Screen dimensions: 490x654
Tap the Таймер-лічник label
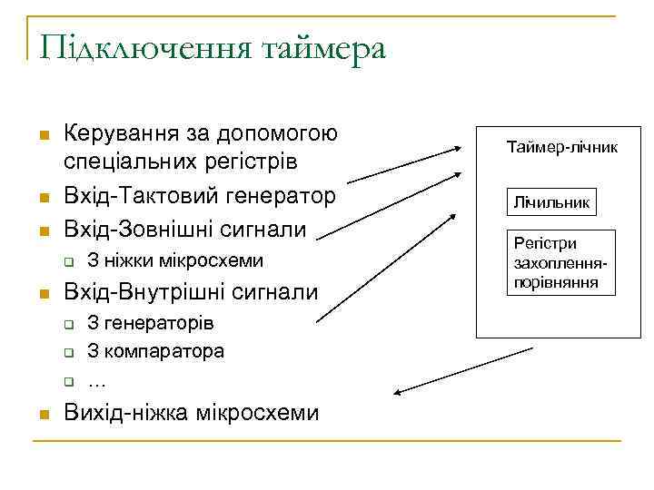coord(562,145)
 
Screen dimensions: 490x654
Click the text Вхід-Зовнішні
coord(133,226)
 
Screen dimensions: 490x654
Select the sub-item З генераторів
coord(150,324)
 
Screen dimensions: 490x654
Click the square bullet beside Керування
coord(43,135)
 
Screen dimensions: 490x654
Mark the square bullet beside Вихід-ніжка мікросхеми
coord(43,414)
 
